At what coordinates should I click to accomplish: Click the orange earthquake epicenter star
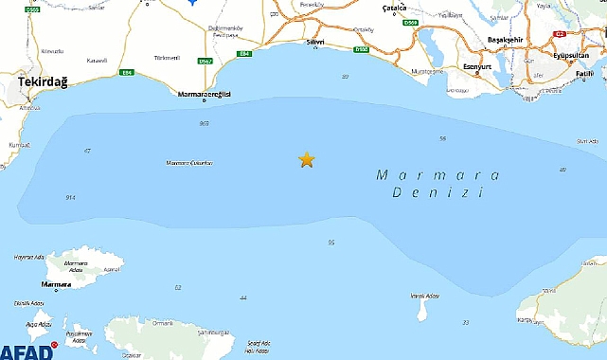coord(306,160)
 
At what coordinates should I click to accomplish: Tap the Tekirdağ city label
coord(41,84)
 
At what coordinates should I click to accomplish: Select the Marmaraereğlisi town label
coord(205,94)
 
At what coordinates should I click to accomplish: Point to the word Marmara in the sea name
coord(422,174)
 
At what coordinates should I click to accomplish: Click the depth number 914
coord(70,197)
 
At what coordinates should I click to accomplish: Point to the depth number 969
coord(204,123)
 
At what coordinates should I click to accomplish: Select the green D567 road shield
coord(205,62)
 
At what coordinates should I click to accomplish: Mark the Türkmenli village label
coord(168,58)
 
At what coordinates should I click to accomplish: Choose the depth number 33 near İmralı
coord(465,322)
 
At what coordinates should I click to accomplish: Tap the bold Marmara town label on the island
coord(57,283)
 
